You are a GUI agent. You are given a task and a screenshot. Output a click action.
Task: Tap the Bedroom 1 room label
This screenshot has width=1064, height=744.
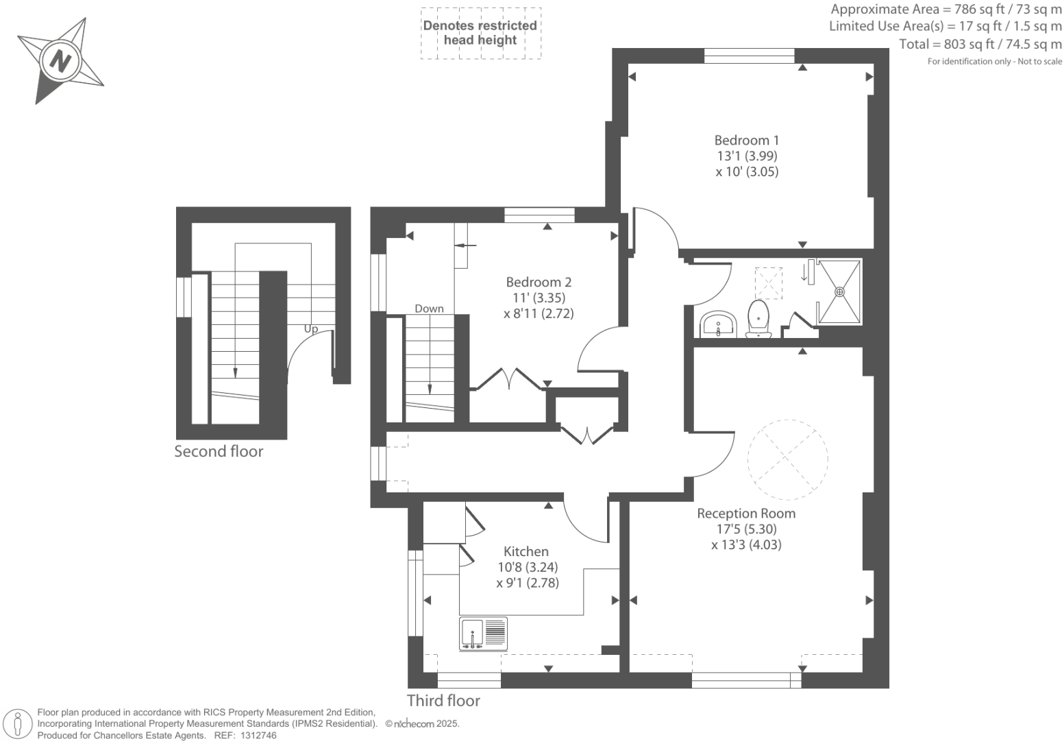746,140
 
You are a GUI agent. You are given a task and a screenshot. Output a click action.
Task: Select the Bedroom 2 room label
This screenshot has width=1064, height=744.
538,282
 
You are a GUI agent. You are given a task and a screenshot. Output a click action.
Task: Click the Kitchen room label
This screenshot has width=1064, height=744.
525,551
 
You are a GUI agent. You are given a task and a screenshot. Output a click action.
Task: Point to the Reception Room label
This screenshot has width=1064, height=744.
746,513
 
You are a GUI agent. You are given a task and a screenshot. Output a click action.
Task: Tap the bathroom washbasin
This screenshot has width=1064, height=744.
718,324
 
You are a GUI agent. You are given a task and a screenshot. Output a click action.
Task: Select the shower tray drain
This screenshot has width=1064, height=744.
839,291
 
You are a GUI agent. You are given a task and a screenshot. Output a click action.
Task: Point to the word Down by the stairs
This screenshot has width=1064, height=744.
429,309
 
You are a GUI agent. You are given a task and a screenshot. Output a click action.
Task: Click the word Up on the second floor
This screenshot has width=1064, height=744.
311,329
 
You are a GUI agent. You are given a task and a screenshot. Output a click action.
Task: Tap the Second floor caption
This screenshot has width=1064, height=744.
219,451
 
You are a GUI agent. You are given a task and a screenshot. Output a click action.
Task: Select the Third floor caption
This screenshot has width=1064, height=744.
443,700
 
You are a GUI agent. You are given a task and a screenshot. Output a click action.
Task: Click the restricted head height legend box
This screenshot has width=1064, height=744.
480,33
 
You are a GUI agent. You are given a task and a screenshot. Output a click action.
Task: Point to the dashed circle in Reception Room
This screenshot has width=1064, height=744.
787,459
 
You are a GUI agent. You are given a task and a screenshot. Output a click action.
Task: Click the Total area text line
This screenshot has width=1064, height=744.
980,45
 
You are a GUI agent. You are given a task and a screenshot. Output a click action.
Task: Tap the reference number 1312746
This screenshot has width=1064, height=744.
256,735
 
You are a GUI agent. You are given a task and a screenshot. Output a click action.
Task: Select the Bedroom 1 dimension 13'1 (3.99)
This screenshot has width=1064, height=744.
746,156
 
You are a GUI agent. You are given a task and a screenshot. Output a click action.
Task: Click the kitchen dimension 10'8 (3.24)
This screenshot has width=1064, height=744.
527,567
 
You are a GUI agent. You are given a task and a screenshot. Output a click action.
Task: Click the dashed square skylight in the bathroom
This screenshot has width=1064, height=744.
768,283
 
